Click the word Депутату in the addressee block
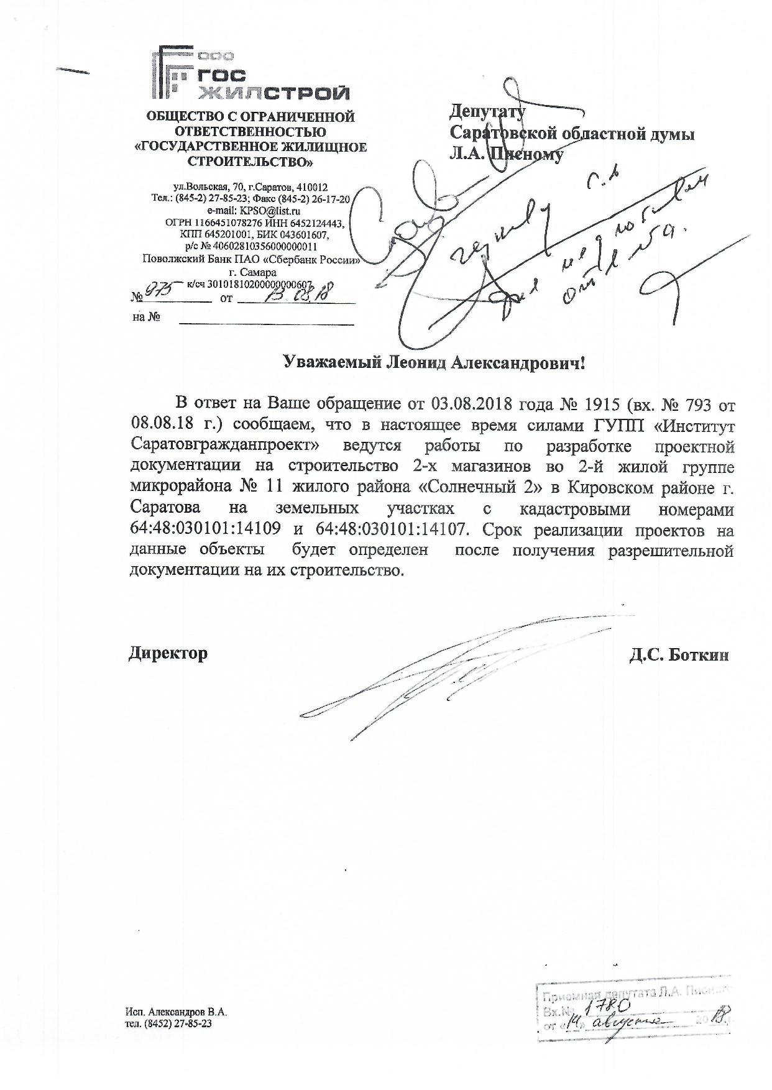coord(487,112)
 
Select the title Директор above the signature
coord(168,654)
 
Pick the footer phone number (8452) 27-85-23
coord(178,1024)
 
